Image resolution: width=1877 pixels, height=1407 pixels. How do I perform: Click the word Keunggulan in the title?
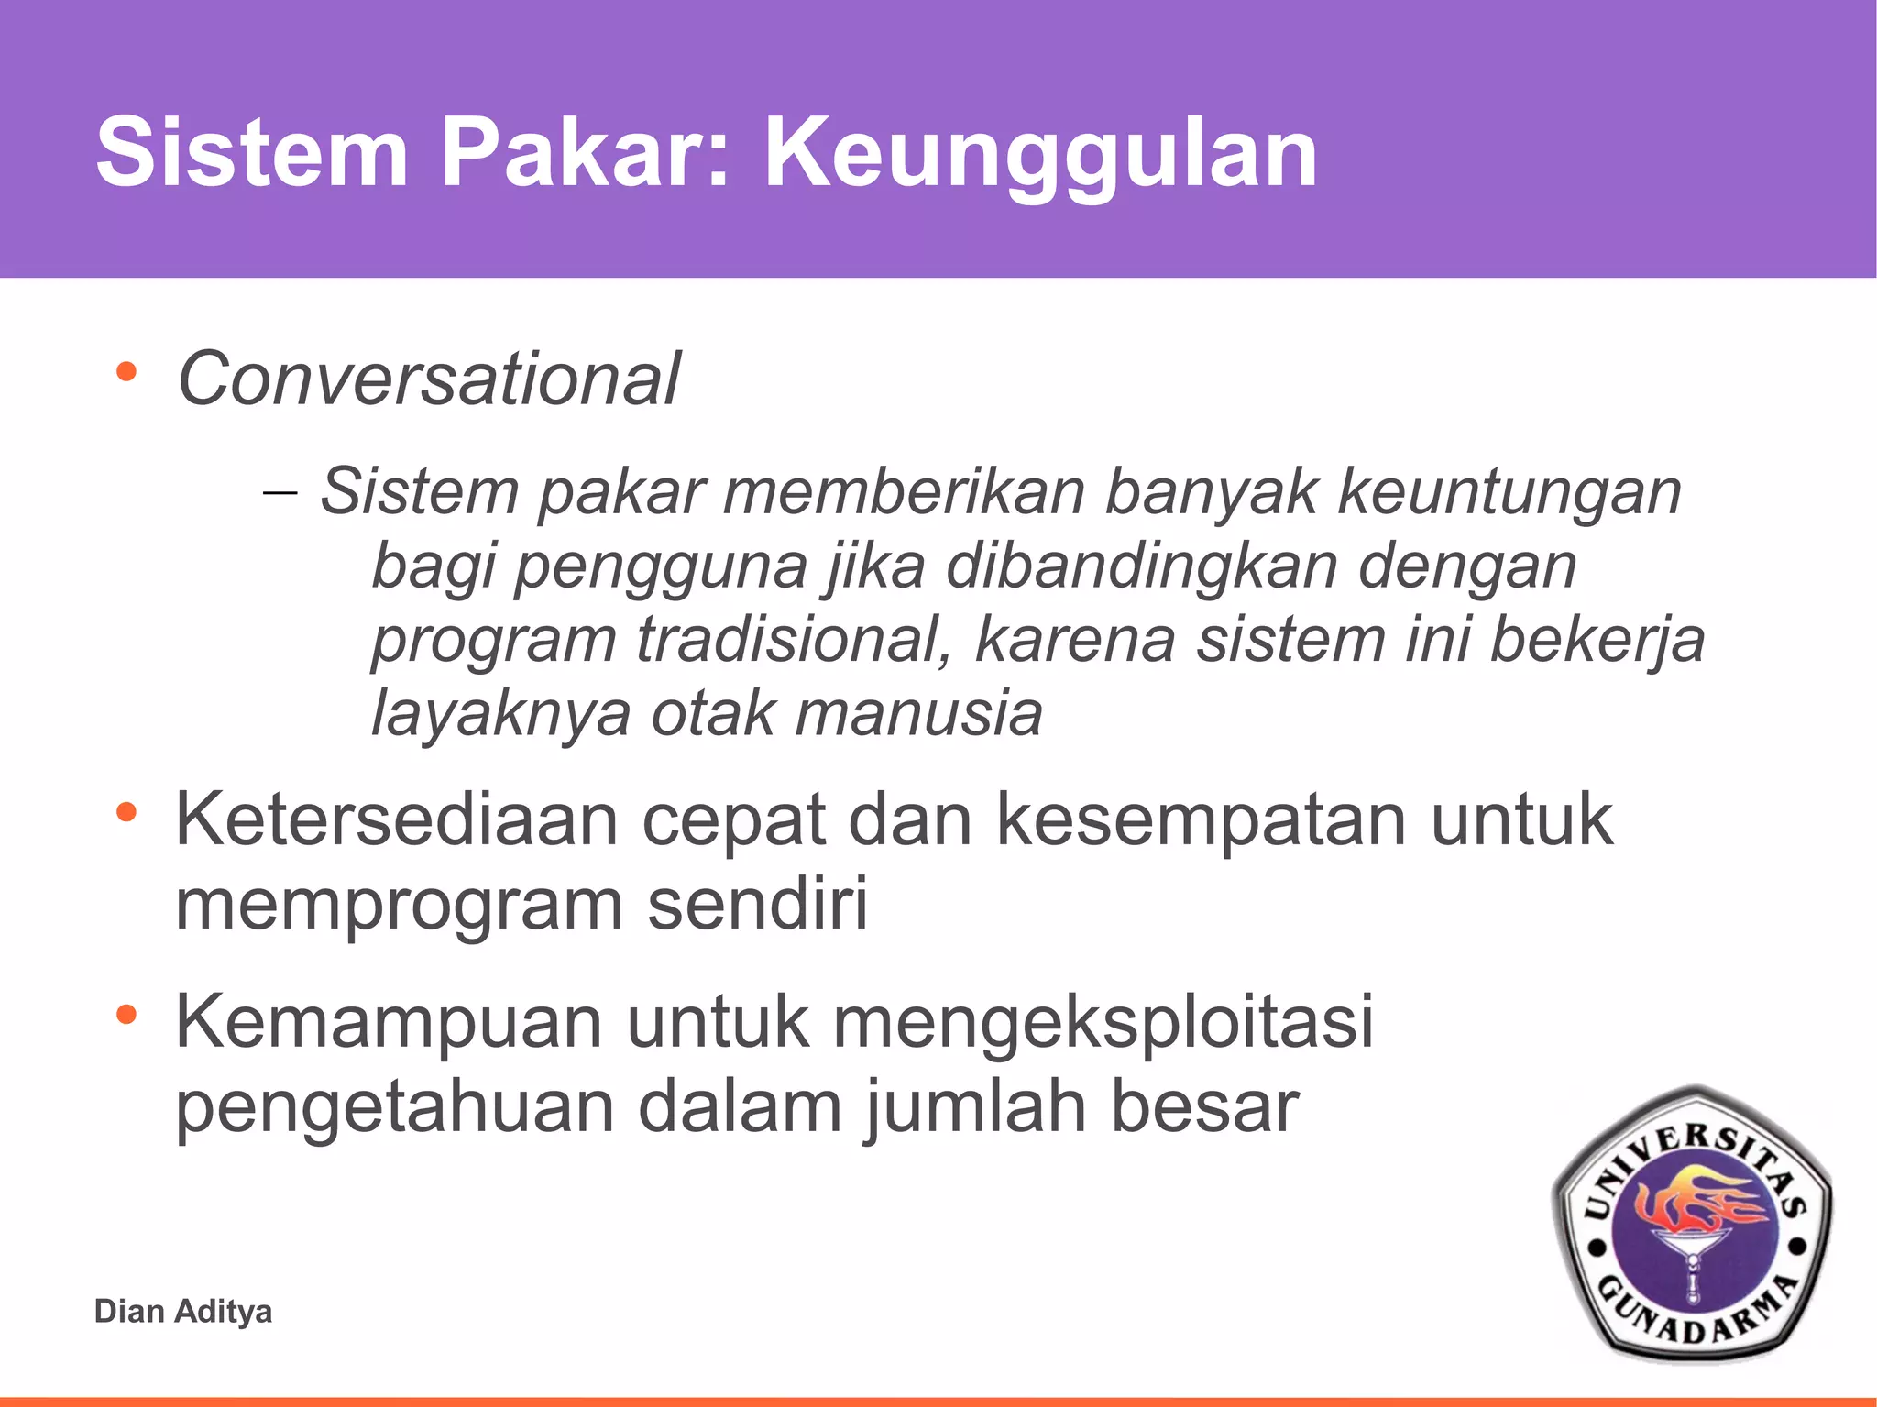pyautogui.click(x=1040, y=154)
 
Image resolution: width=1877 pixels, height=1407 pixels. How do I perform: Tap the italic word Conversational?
pyautogui.click(x=429, y=379)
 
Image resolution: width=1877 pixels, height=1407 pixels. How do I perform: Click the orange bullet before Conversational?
pyautogui.click(x=126, y=372)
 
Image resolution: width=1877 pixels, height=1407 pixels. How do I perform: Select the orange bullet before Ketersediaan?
pyautogui.click(x=126, y=811)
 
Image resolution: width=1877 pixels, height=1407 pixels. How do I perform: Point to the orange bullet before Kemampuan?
pyautogui.click(x=126, y=1014)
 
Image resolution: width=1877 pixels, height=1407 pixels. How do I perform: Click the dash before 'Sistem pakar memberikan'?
pyautogui.click(x=280, y=492)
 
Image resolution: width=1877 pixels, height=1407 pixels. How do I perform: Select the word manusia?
pyautogui.click(x=918, y=713)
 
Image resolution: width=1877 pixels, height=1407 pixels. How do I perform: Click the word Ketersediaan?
pyautogui.click(x=396, y=819)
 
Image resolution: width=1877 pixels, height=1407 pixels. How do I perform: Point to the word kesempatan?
pyautogui.click(x=1201, y=821)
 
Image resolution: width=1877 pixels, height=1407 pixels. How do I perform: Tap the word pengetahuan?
pyautogui.click(x=394, y=1108)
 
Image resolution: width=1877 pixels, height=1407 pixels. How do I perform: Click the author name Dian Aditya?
pyautogui.click(x=183, y=1311)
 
